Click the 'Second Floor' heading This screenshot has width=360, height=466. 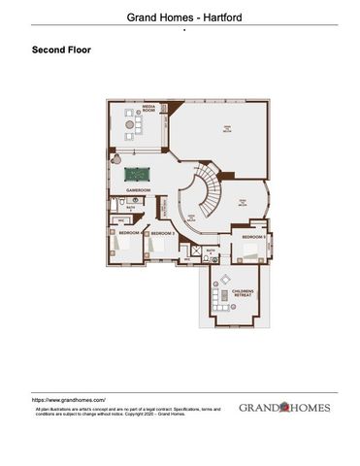[61, 49]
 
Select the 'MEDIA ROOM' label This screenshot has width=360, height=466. [149, 110]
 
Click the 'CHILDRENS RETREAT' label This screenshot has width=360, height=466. [243, 292]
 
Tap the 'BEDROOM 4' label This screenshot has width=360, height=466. [129, 233]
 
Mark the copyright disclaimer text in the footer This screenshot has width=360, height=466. [126, 412]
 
